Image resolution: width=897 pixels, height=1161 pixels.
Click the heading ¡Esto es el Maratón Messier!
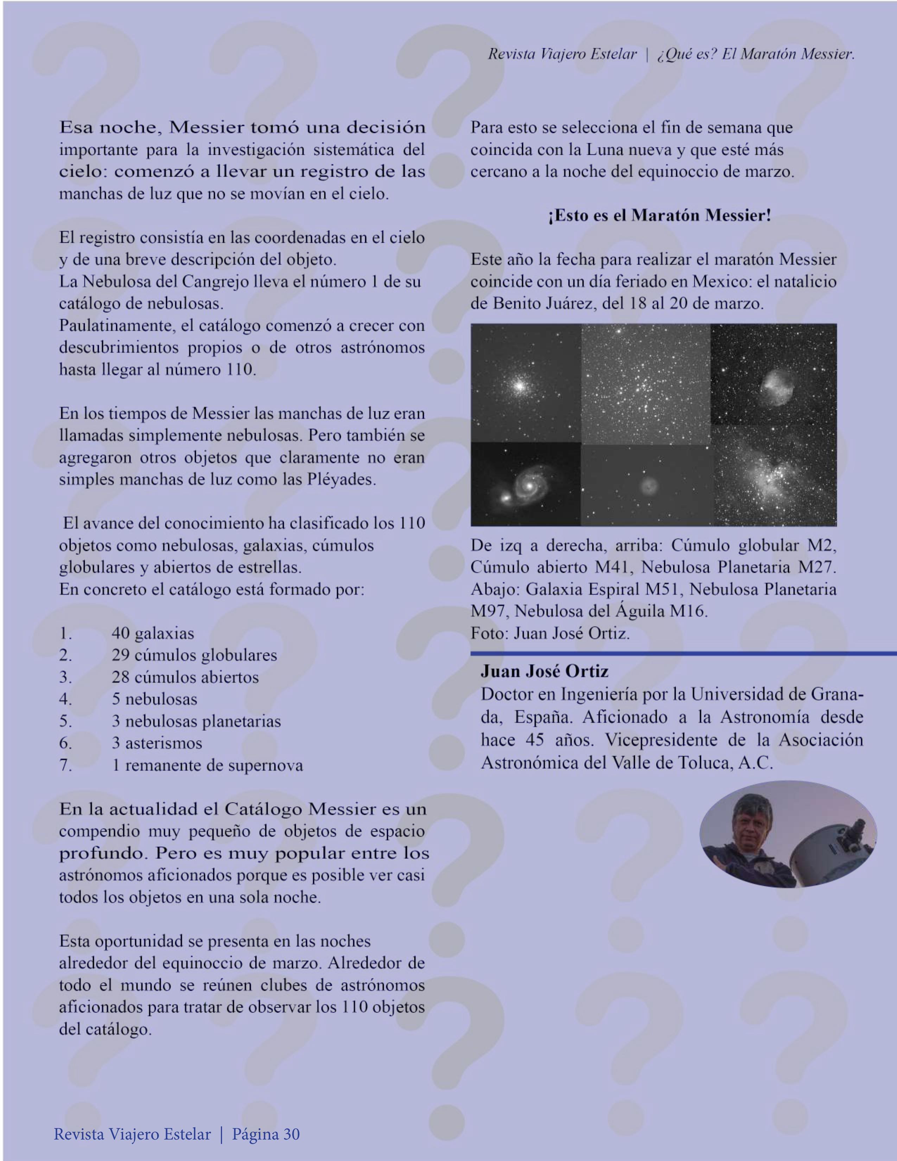coord(659,215)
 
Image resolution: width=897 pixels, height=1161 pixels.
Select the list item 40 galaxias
coord(153,633)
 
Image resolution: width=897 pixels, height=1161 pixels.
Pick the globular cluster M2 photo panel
coord(525,383)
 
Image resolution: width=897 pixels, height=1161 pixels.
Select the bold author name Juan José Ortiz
coord(545,671)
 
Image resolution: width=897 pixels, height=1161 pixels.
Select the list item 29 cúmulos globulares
coord(194,655)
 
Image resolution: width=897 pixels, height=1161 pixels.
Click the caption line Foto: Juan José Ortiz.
coord(550,633)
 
